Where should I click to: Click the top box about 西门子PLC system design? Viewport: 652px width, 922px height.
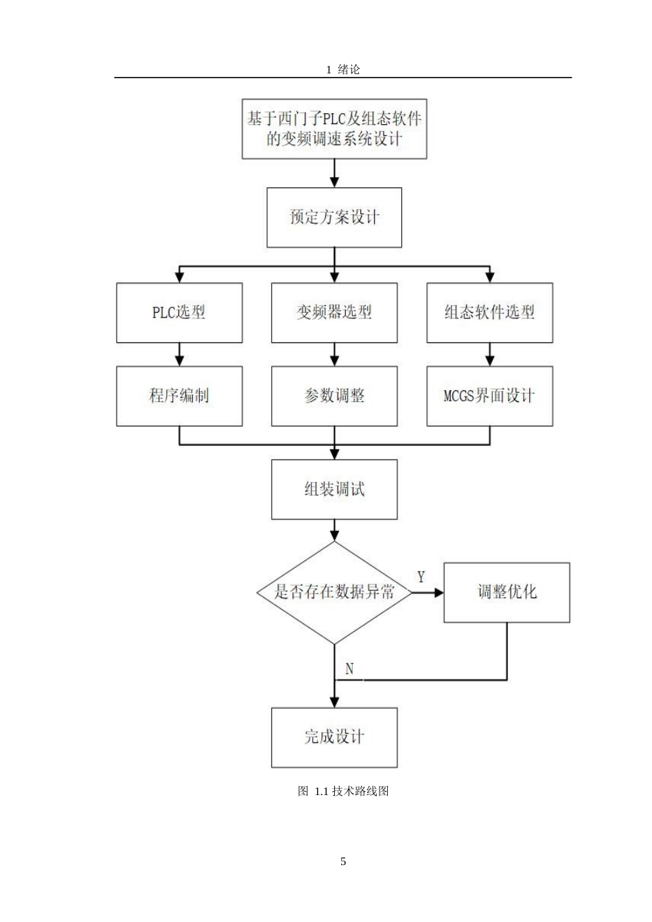[x=334, y=128]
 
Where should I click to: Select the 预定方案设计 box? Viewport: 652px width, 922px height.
[x=334, y=218]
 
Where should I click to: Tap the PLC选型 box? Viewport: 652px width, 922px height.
[x=179, y=313]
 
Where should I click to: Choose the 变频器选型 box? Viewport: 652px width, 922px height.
[x=334, y=313]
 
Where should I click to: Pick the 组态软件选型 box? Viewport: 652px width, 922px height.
[x=489, y=313]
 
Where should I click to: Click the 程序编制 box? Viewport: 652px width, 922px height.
[x=179, y=396]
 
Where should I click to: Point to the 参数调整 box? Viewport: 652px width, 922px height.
[x=334, y=396]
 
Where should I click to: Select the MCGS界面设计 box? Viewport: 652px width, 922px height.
[x=489, y=396]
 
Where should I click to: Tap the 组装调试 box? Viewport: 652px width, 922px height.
[x=334, y=489]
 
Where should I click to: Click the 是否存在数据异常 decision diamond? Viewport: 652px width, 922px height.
[x=334, y=592]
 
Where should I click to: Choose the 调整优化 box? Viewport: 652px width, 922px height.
[x=507, y=592]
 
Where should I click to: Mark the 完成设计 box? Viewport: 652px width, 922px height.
[x=334, y=737]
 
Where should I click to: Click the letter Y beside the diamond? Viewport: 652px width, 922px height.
[x=421, y=577]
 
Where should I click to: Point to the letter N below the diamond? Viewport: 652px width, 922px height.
[x=349, y=669]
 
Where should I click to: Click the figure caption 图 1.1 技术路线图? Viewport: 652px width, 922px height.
[x=343, y=791]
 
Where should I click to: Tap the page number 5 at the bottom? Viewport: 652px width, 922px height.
[x=343, y=862]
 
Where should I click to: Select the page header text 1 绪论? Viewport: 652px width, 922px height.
[x=343, y=69]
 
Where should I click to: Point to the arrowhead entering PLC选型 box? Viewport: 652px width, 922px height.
[x=179, y=277]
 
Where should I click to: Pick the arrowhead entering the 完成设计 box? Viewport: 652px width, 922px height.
[x=334, y=702]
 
